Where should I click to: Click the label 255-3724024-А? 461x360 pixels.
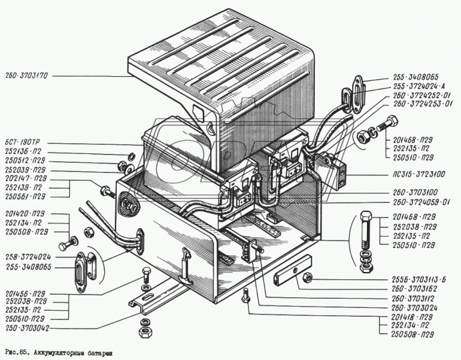pyautogui.click(x=421, y=87)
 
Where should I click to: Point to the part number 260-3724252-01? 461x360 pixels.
pyautogui.click(x=422, y=95)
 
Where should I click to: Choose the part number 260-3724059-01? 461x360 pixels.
pyautogui.click(x=422, y=202)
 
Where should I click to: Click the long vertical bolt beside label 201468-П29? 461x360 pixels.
pyautogui.click(x=365, y=230)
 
